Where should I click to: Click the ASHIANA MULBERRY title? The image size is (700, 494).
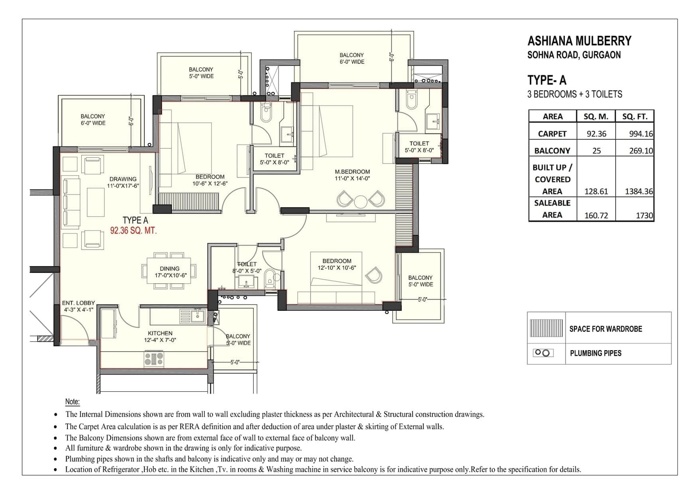(579, 41)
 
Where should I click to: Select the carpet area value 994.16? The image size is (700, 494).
(641, 134)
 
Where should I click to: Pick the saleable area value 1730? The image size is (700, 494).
(644, 216)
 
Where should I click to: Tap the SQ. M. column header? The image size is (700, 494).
(595, 116)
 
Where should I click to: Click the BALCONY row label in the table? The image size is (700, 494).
(552, 151)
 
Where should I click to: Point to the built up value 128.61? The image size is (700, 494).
(596, 191)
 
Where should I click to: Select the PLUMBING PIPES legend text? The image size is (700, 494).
(595, 353)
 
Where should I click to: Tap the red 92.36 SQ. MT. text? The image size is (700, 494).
(133, 231)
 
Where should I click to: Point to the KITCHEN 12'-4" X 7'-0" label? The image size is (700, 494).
(160, 336)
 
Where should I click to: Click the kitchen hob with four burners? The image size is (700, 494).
(154, 358)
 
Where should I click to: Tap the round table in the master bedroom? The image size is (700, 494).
(360, 202)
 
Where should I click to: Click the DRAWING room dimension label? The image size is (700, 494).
(123, 182)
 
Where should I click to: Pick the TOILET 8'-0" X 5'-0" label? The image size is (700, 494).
(247, 267)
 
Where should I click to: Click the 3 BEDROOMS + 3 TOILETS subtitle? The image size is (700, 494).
(574, 94)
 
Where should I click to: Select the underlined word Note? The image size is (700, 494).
(72, 402)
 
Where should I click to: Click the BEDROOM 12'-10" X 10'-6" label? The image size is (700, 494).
(337, 264)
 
